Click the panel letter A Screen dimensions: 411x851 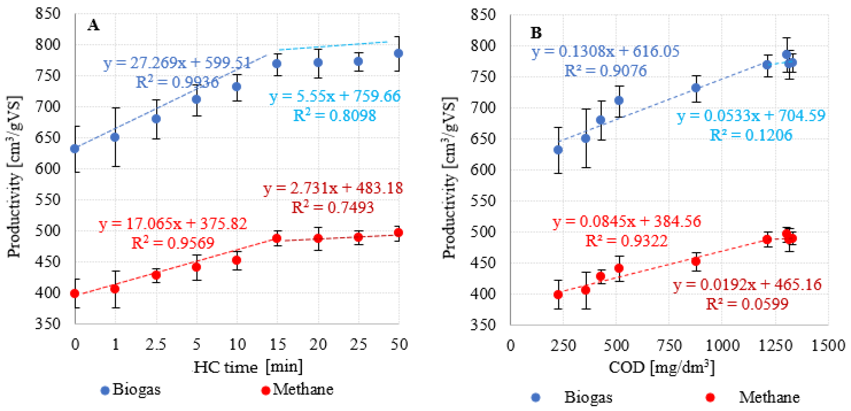93,25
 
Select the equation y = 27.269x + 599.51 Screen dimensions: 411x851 177,63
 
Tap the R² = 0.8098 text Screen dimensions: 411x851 334,115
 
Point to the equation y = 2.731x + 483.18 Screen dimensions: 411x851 333,188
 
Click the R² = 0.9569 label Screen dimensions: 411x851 173,243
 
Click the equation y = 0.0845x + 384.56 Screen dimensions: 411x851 627,221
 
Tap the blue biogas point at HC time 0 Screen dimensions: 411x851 75,149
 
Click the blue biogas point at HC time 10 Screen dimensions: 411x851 237,87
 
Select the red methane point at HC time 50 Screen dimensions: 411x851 398,233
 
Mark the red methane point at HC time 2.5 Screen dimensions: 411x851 156,275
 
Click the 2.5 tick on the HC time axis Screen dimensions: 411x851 156,344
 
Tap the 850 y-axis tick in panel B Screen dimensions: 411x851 483,15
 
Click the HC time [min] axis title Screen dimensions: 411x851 248,367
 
